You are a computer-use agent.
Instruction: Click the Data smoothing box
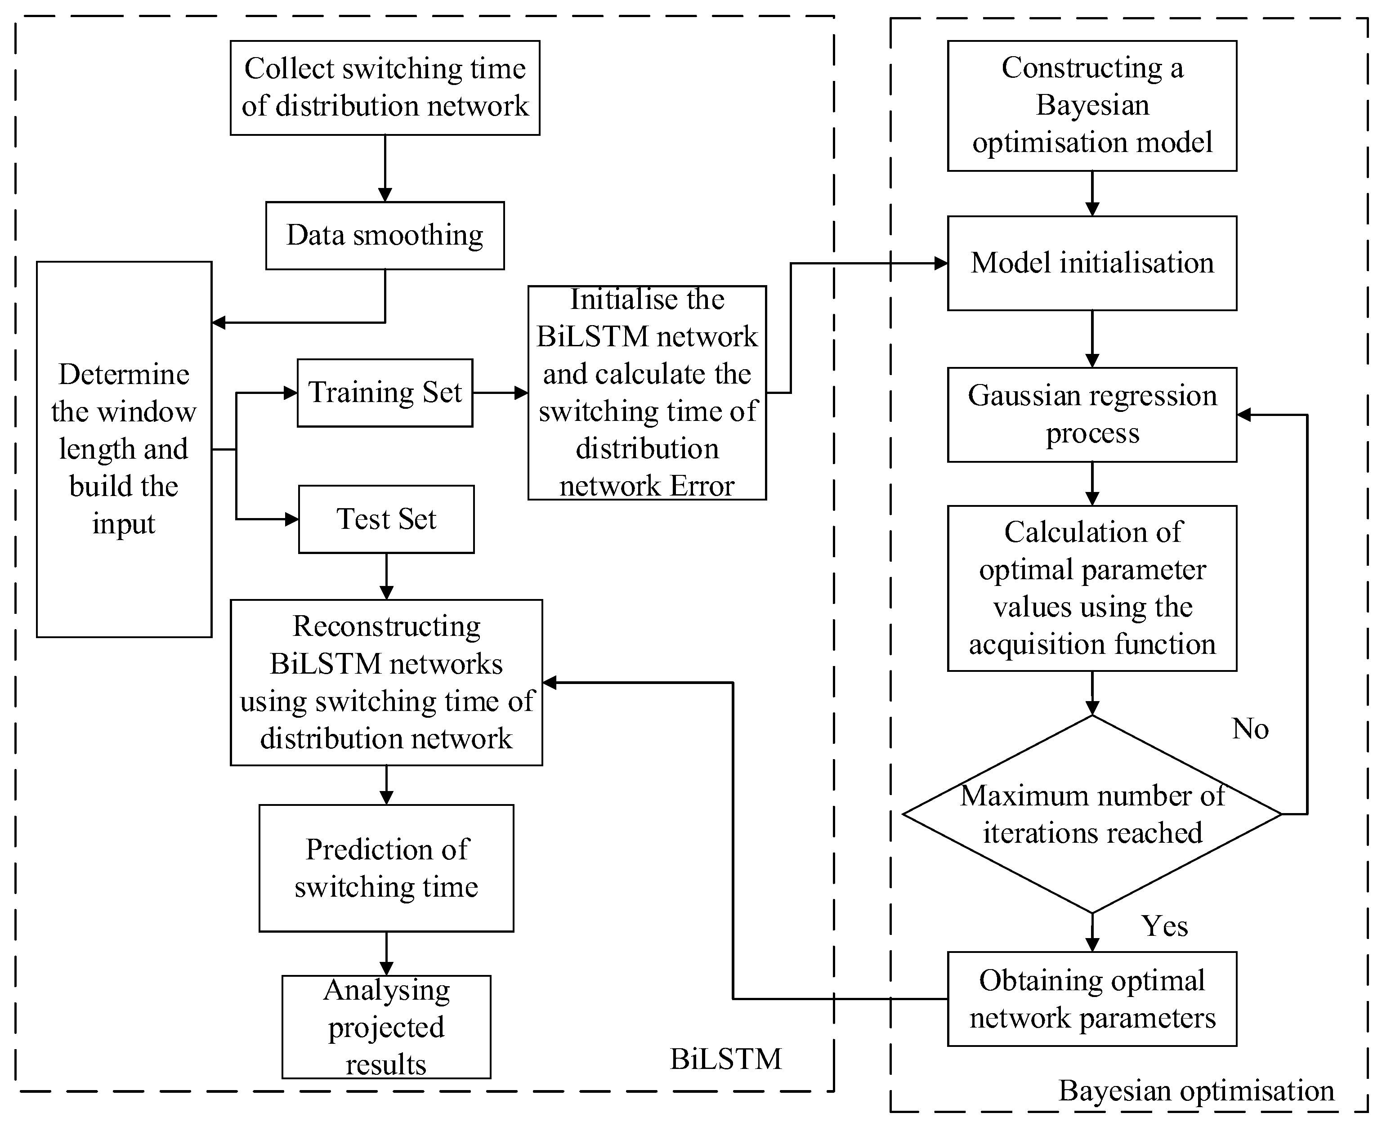(385, 235)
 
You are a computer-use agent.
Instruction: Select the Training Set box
(385, 393)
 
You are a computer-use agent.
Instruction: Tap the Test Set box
(386, 519)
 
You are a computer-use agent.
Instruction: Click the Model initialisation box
(1091, 263)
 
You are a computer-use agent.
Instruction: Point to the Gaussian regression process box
(1091, 414)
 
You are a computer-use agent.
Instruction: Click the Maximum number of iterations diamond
(1091, 814)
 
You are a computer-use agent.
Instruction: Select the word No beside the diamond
(1250, 729)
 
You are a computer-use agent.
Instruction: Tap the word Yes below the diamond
(1164, 926)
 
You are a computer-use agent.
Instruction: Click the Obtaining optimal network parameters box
(1091, 999)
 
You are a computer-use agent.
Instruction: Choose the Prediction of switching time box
(386, 868)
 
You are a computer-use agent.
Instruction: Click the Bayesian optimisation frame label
(1196, 1091)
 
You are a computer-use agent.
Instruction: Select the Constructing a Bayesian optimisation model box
(1091, 106)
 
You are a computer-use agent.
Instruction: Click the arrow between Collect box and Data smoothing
(385, 168)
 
